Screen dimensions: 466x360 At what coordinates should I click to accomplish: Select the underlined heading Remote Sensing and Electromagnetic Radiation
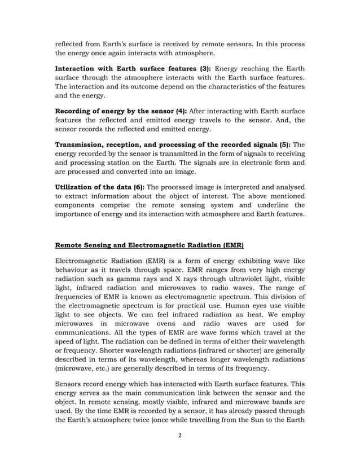pyautogui.click(x=148, y=245)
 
